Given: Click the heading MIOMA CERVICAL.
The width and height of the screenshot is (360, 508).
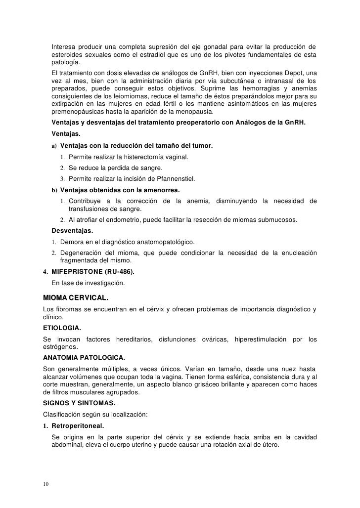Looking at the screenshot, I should click(76, 298).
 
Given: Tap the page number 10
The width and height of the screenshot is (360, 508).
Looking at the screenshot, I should click(46, 483).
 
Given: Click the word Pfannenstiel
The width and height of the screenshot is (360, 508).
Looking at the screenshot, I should click(173, 178).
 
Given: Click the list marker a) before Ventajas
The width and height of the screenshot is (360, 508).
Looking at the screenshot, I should click(53, 146).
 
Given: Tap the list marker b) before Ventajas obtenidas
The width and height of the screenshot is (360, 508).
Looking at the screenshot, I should click(53, 190).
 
